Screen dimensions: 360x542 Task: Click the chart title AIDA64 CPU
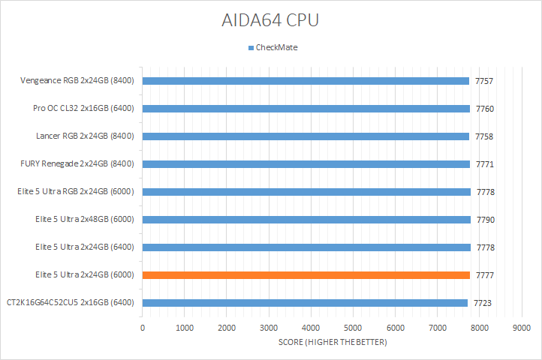point(270,20)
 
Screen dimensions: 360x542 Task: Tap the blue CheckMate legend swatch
point(251,47)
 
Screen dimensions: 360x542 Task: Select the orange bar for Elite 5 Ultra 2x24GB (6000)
point(306,275)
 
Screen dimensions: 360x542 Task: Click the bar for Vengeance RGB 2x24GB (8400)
point(306,81)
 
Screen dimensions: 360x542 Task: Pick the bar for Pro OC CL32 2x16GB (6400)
point(306,109)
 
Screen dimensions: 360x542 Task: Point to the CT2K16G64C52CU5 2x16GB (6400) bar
point(305,303)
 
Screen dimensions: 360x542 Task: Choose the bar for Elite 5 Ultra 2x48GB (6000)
point(306,220)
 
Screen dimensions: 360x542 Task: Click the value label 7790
point(485,220)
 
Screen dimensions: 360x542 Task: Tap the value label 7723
point(482,303)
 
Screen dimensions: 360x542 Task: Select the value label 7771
point(485,164)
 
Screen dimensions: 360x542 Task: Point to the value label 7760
point(485,109)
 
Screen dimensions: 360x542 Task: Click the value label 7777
point(485,275)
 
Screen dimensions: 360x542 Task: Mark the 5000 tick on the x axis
point(353,328)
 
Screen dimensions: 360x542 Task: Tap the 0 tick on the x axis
point(143,328)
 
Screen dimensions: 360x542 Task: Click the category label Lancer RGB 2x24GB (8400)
point(85,136)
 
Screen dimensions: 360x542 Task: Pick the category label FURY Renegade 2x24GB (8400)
point(77,164)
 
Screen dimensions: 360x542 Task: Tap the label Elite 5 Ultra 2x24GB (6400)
point(84,247)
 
